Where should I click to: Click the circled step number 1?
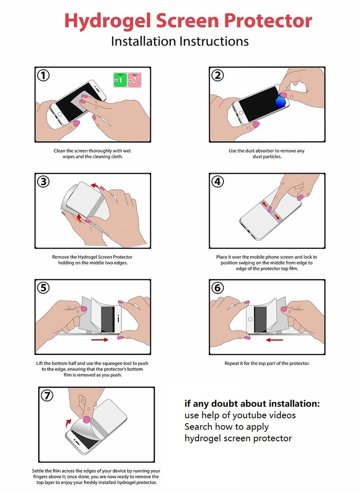coord(43,76)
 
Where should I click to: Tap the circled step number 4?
coord(218,182)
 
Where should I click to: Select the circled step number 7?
coord(47,395)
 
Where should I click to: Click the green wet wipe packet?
coord(120,80)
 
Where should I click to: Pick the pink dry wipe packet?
coord(134,80)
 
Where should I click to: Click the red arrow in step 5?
coord(100,340)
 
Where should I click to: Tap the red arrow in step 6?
coord(274,340)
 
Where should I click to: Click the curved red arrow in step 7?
coord(68,423)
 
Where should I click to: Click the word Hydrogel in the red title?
coord(108,21)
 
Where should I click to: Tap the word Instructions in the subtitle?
coord(214,41)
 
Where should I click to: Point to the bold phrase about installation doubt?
coord(252,403)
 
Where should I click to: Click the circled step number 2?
coord(218,76)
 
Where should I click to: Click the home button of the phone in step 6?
coord(250,319)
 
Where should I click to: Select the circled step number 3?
coord(43,182)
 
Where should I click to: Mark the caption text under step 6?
coord(267,363)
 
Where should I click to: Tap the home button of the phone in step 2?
coord(241,112)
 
